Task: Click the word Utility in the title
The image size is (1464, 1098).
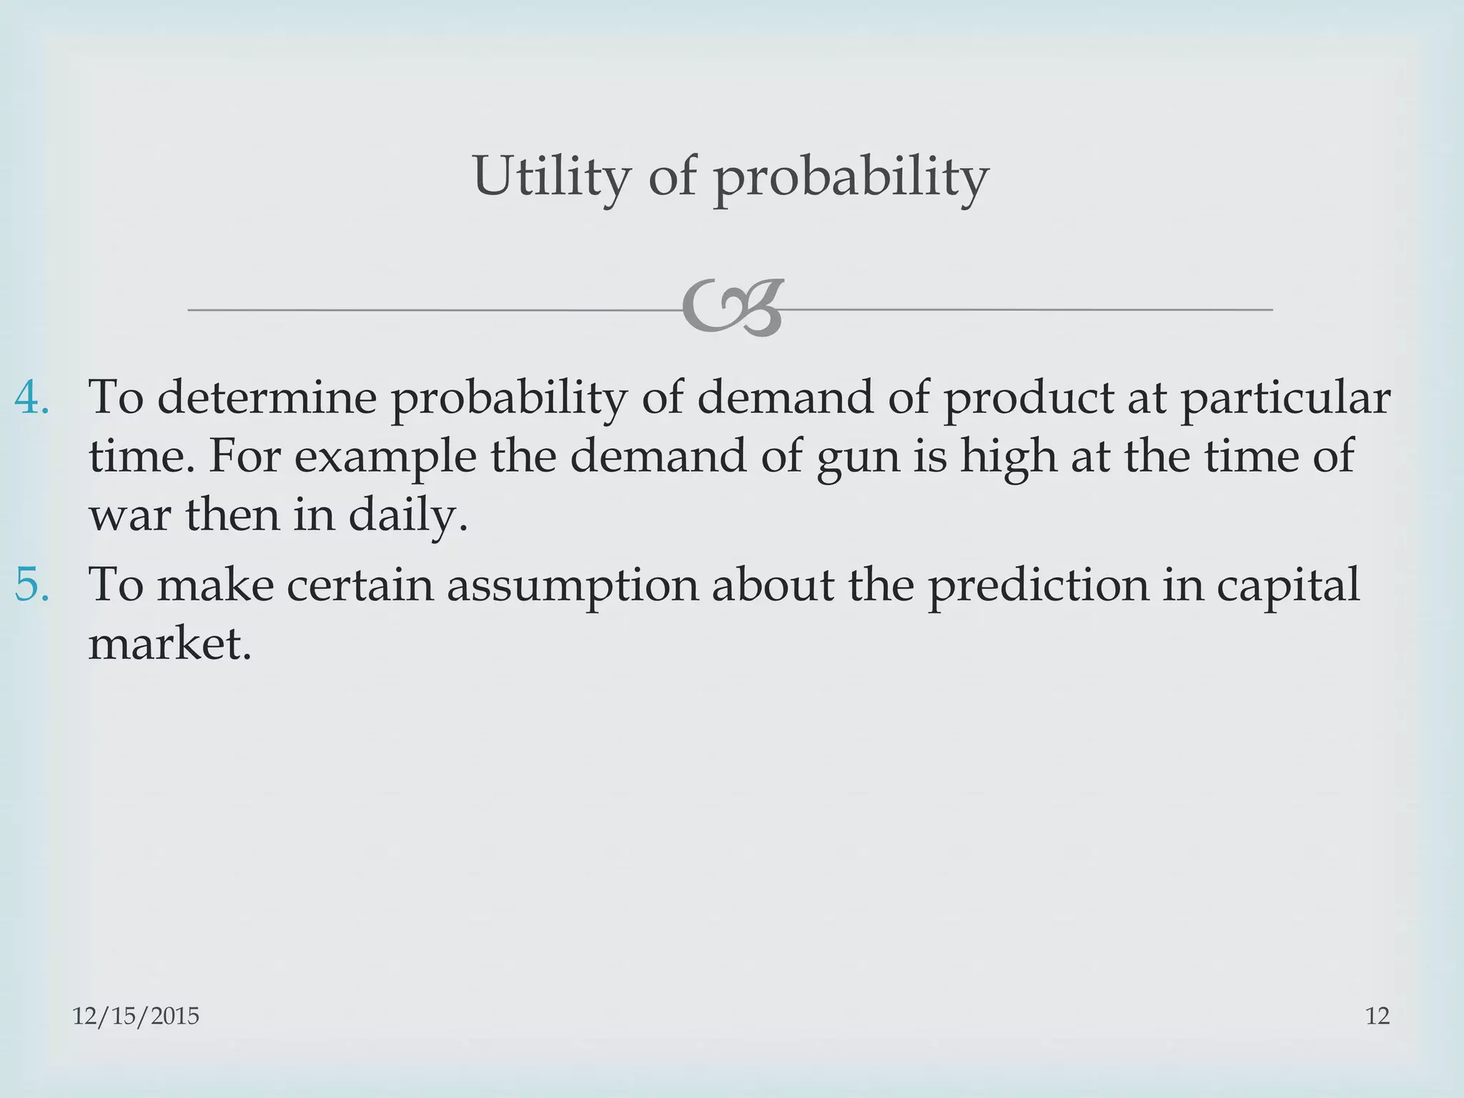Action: tap(551, 176)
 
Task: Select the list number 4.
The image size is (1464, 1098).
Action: tap(31, 397)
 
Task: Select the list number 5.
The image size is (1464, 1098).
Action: tap(31, 584)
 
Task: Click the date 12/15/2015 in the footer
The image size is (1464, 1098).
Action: tap(136, 1016)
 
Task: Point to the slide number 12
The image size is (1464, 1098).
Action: tap(1378, 1016)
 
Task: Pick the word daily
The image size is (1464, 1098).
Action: tap(407, 516)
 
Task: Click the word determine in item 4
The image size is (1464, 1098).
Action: tap(266, 397)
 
